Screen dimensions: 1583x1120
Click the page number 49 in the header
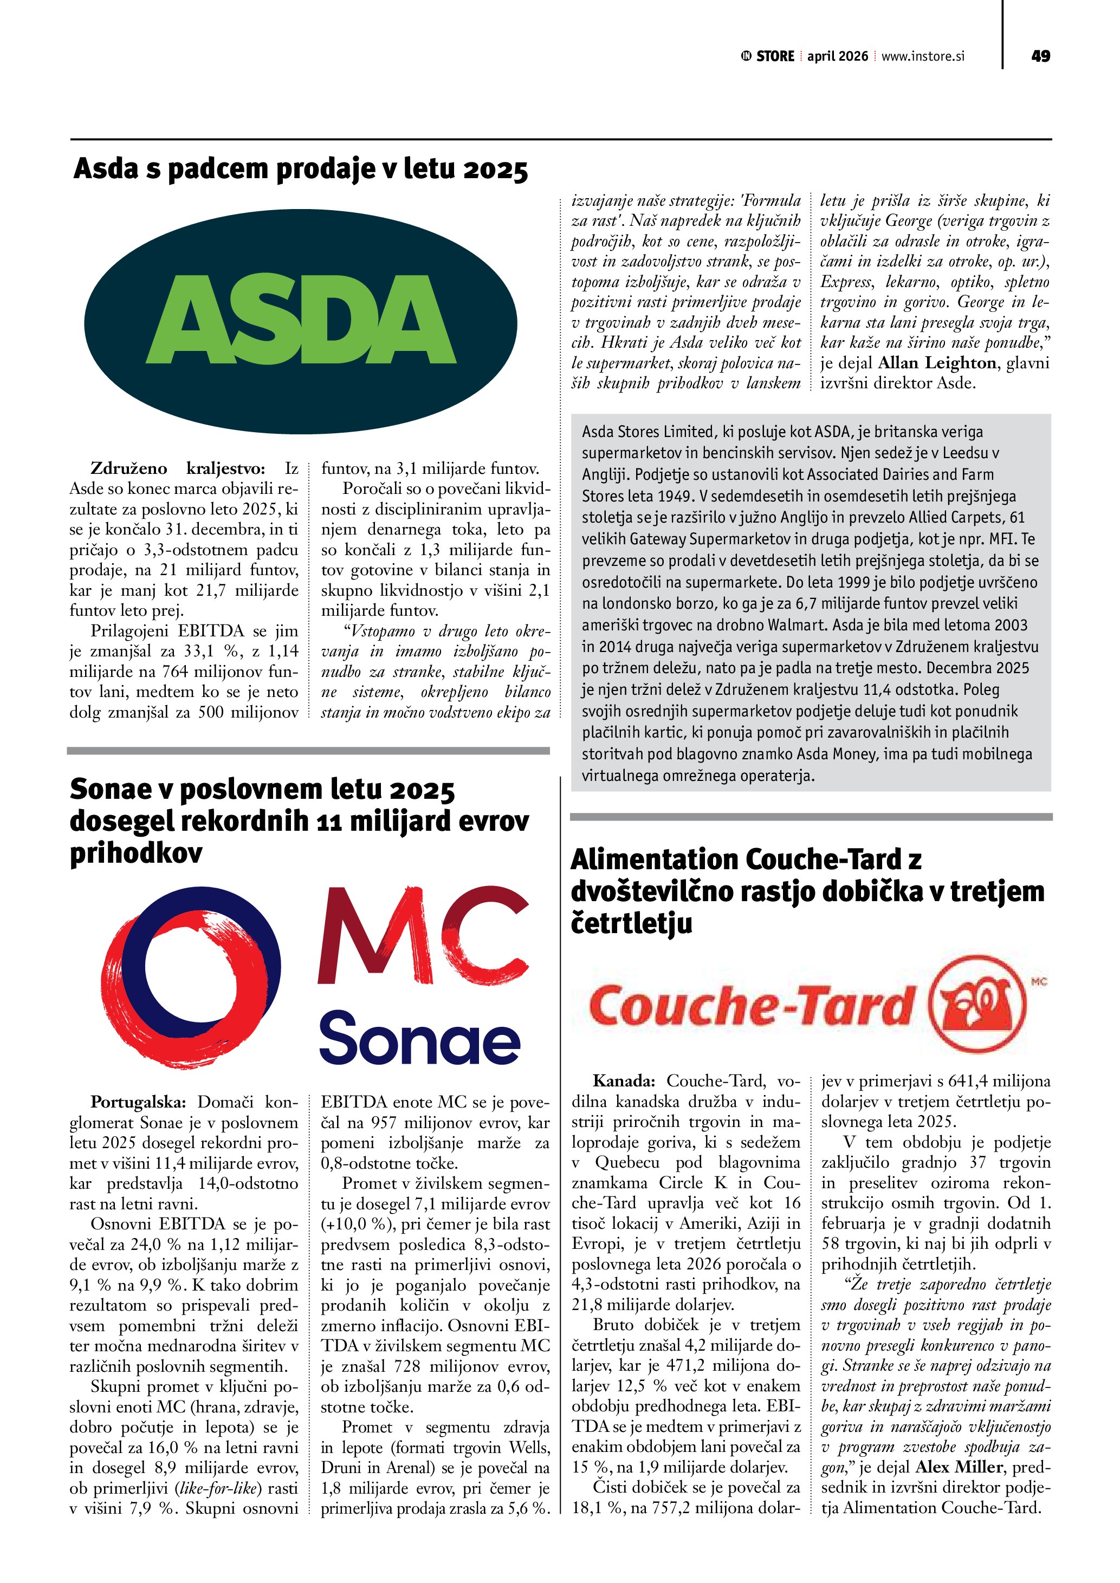[1040, 56]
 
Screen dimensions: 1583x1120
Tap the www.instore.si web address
[923, 56]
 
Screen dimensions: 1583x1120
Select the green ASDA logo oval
[301, 321]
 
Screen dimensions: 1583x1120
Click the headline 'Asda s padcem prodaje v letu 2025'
[301, 169]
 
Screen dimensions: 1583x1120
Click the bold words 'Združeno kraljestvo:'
[178, 469]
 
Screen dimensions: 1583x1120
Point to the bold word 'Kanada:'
[624, 1080]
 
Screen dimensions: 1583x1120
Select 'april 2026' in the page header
[837, 56]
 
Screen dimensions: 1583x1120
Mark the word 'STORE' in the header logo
[775, 56]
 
